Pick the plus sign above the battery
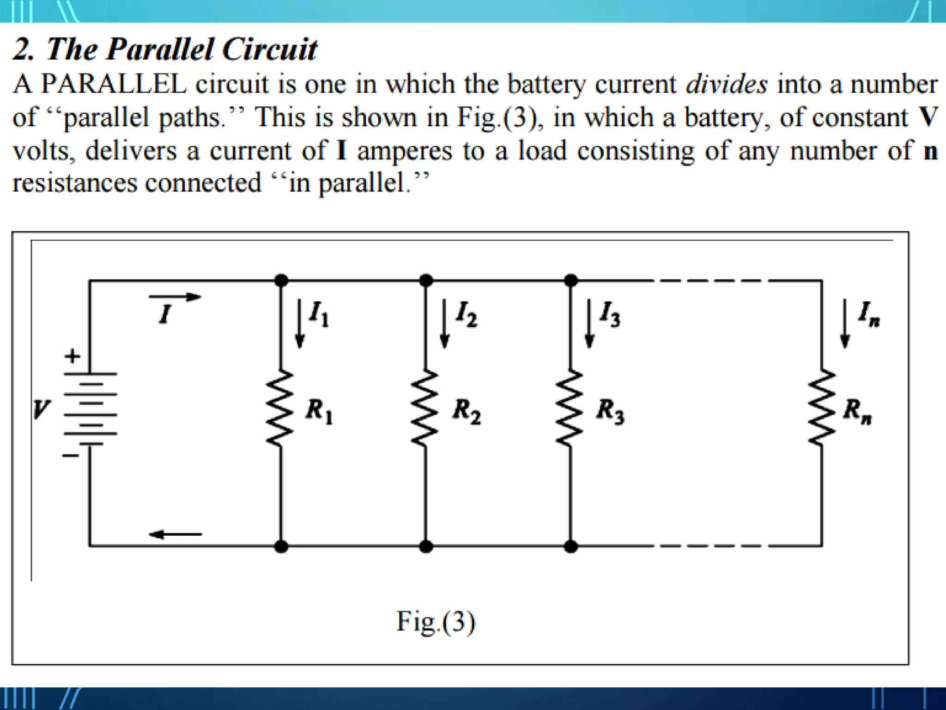click(72, 356)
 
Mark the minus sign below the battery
click(71, 456)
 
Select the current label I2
click(466, 314)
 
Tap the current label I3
click(610, 314)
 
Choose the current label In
click(868, 314)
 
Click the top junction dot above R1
click(281, 280)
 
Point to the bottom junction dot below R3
click(571, 546)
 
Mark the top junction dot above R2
click(426, 280)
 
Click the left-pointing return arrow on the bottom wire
click(175, 534)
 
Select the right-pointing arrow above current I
click(175, 297)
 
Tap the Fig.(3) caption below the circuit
click(436, 622)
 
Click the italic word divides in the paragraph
click(726, 85)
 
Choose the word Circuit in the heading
click(270, 49)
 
